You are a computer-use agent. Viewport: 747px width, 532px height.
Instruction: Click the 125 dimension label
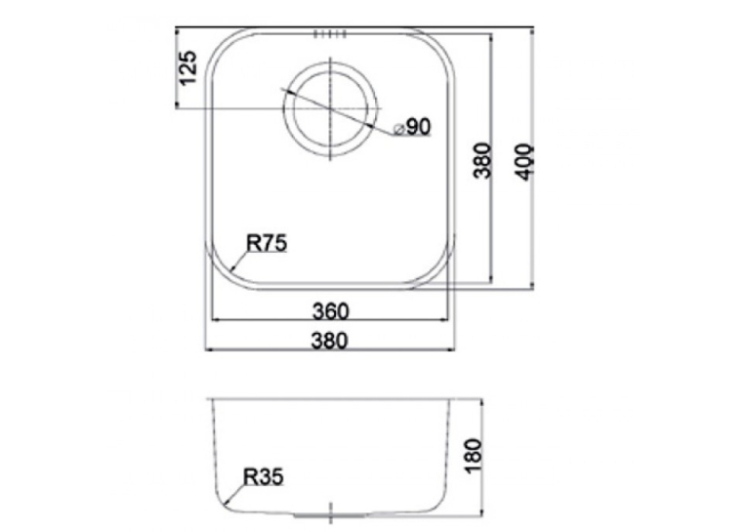(188, 67)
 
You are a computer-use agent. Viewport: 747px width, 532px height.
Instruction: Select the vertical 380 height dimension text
(481, 160)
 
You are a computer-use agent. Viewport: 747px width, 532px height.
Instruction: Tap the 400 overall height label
(525, 162)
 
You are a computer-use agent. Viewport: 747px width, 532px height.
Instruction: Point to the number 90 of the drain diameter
(419, 127)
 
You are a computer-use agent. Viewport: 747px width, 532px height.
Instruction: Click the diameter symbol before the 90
(399, 129)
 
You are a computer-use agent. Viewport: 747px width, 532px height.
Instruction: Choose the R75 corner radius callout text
(267, 243)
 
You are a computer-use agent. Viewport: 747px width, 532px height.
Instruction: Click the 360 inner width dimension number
(331, 311)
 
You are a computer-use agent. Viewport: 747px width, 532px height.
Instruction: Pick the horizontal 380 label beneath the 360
(330, 341)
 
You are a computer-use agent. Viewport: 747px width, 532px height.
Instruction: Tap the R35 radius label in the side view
(264, 476)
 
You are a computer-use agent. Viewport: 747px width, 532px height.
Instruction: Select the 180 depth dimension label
(474, 456)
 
